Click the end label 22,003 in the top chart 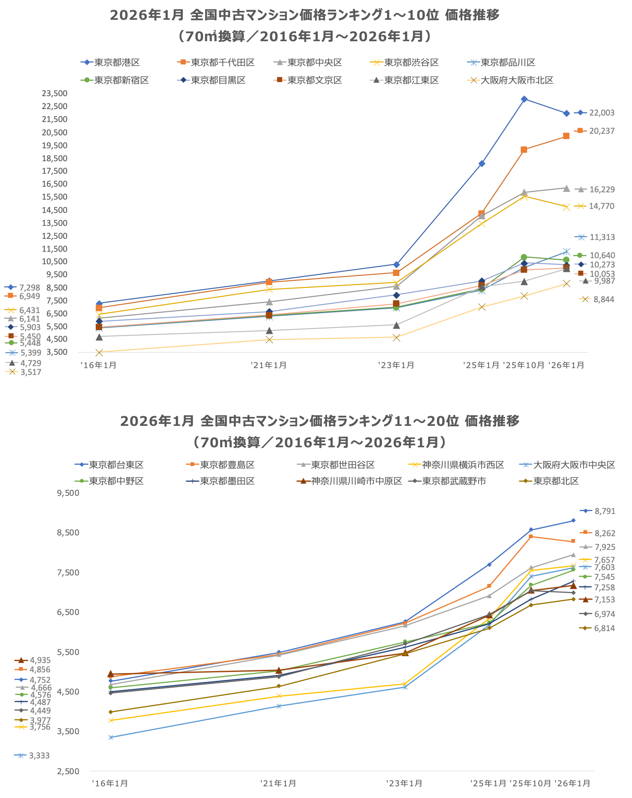coord(602,113)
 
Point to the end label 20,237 coord(602,131)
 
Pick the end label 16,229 coord(602,189)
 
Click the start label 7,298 coord(29,288)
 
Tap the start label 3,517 coord(31,372)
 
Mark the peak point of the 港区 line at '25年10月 coord(524,99)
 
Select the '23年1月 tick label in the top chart coord(396,365)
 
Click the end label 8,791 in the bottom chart coord(605,511)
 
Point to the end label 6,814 coord(604,628)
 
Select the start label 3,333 coord(39,756)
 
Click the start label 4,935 coord(40,660)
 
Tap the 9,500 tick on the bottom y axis coord(68,493)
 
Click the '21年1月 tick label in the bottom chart coord(278,783)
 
